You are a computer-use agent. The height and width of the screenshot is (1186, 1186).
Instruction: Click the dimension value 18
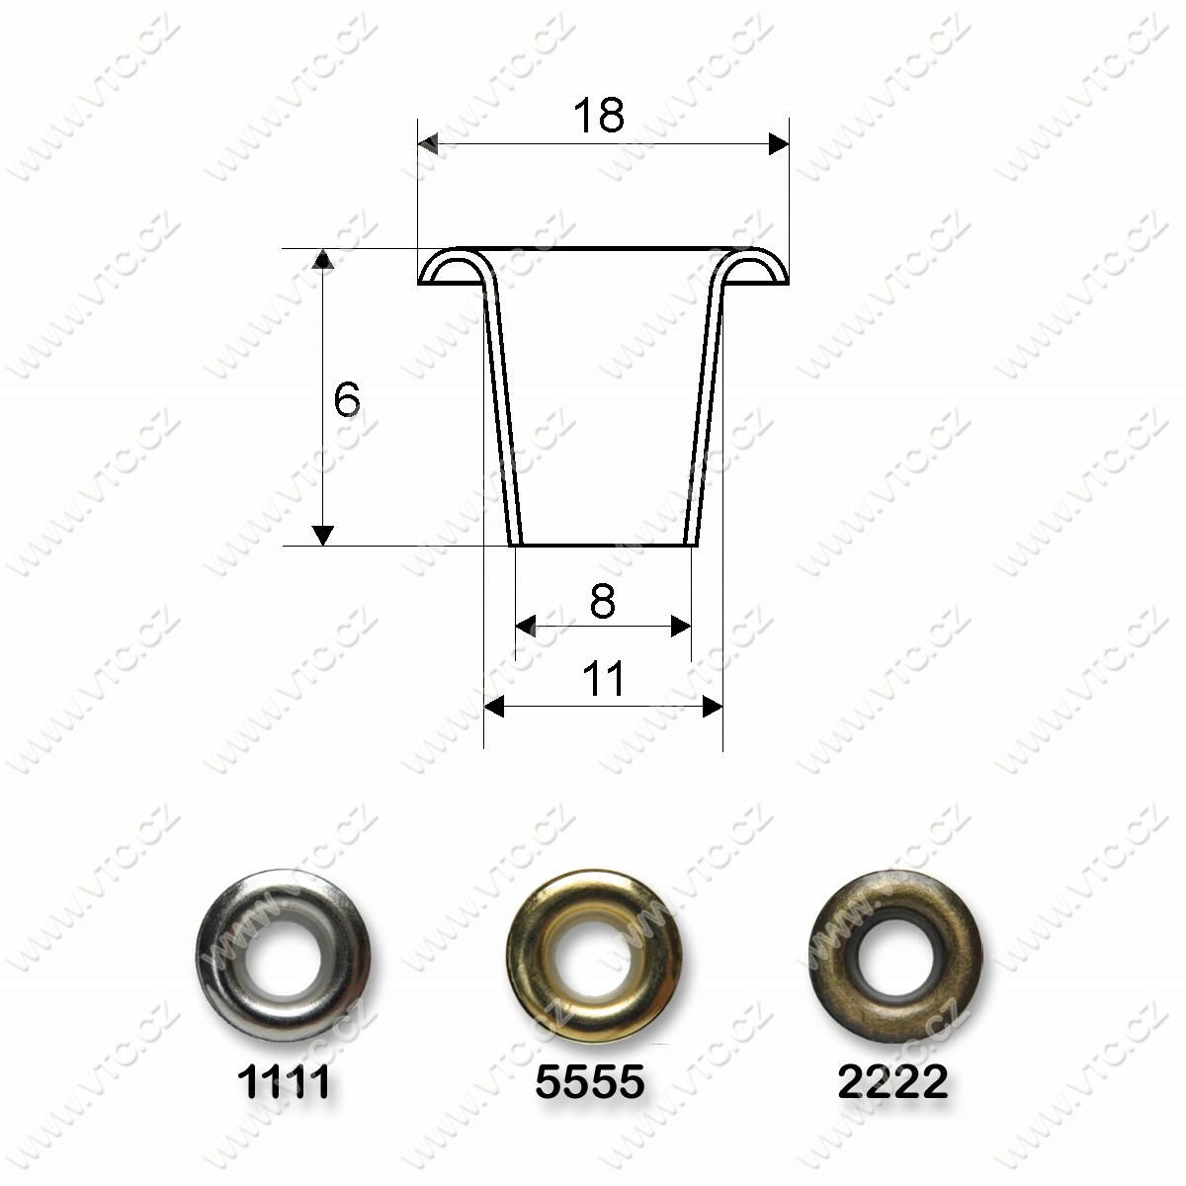(x=598, y=115)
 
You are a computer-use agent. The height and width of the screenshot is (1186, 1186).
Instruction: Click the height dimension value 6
(x=347, y=399)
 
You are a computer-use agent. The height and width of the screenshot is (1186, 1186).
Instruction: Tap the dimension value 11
(x=603, y=678)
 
